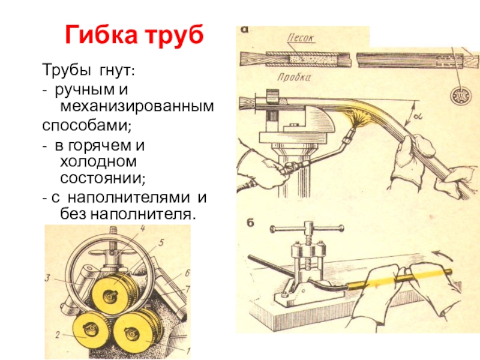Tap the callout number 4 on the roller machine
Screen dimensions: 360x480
[x=143, y=228]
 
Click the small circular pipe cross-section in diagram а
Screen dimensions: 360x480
[x=457, y=95]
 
